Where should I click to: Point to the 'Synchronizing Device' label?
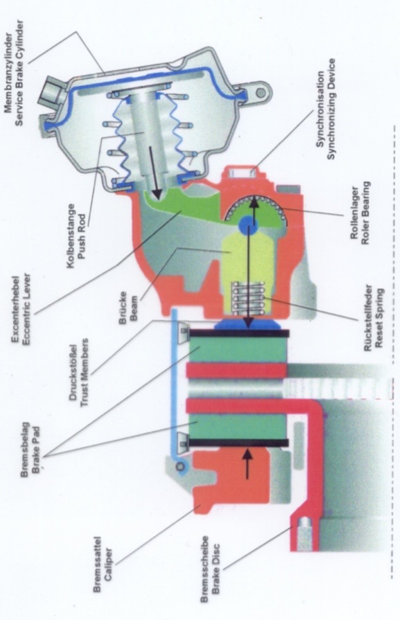[331, 109]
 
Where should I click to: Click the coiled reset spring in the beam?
[248, 298]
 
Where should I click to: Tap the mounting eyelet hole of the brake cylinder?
[261, 93]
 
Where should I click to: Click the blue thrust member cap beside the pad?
[247, 324]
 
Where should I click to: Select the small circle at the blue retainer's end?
[181, 467]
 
